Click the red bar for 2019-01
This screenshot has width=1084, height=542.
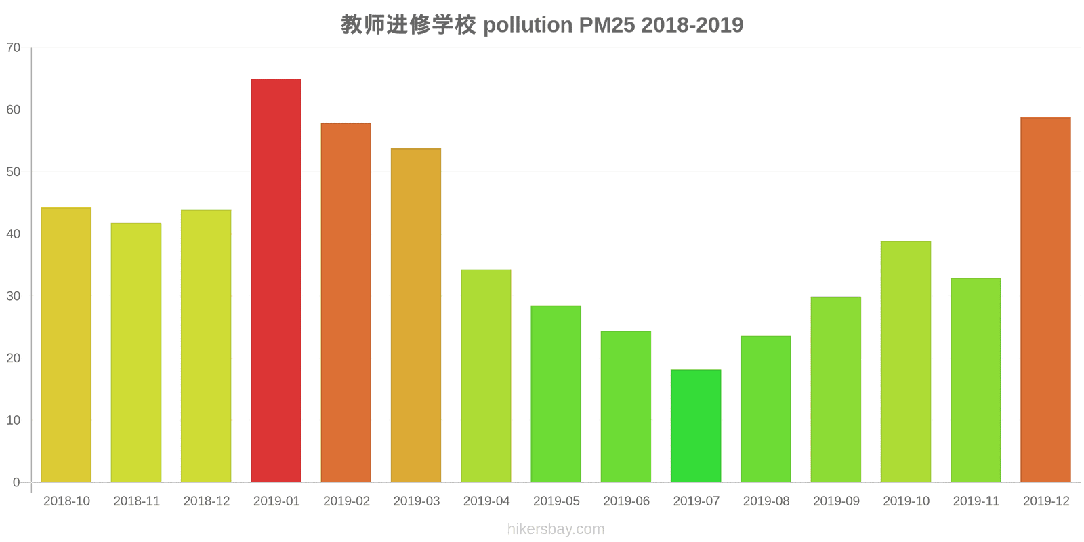click(x=276, y=280)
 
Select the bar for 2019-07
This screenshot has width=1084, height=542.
click(x=696, y=426)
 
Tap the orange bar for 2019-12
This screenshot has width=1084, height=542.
click(x=1045, y=300)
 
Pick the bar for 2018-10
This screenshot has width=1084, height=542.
click(x=66, y=345)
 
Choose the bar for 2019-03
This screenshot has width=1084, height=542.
click(x=416, y=316)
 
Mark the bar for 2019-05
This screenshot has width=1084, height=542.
click(x=556, y=394)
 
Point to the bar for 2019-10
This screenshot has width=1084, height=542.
click(x=906, y=362)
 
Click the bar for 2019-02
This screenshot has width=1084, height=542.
click(x=346, y=303)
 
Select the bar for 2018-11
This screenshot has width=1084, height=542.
click(x=136, y=353)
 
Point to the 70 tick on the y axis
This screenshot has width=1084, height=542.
click(x=14, y=48)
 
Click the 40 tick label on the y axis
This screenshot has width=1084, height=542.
click(x=14, y=234)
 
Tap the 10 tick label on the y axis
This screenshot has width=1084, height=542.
click(x=14, y=421)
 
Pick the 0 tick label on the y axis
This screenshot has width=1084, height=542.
click(x=16, y=483)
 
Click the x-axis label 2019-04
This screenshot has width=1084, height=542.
click(x=486, y=501)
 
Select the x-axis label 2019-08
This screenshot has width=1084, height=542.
click(x=766, y=501)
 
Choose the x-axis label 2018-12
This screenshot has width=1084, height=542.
click(x=206, y=501)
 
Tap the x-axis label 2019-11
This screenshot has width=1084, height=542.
click(x=976, y=501)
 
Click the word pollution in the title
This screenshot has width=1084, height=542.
click(x=527, y=25)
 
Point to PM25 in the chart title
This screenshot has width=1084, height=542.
click(x=606, y=25)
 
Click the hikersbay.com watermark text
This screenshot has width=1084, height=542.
click(x=556, y=529)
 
